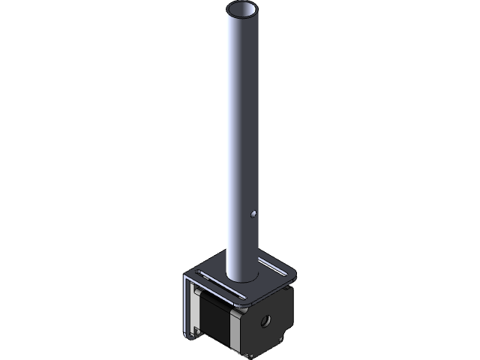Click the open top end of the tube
242,10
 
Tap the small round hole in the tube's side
255,214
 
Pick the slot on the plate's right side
268,264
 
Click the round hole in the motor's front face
266,321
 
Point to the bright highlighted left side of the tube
232,150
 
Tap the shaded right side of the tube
254,150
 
